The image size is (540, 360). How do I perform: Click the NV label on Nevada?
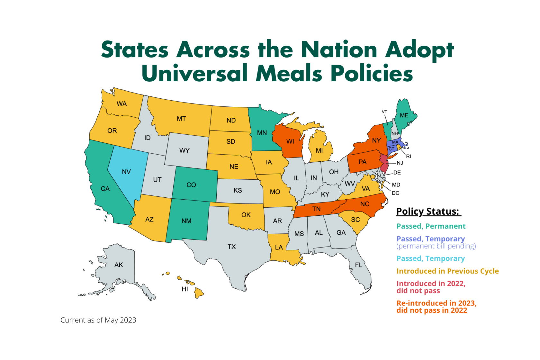[126, 172]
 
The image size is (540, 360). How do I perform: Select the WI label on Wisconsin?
[290, 141]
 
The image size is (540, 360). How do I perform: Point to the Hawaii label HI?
[185, 289]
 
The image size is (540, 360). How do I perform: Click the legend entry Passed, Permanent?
[431, 226]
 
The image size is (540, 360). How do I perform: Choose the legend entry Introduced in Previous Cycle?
[447, 271]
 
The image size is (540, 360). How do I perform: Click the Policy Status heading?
[428, 212]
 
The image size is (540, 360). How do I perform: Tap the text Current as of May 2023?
[98, 320]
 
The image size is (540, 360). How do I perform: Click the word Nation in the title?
[339, 50]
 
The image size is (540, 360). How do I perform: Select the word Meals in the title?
[288, 73]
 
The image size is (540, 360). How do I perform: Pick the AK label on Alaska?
[119, 265]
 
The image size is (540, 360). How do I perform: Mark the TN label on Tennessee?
[316, 209]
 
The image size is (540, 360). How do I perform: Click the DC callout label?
[395, 193]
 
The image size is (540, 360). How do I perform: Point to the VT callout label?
[384, 112]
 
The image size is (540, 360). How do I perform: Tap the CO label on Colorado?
[191, 185]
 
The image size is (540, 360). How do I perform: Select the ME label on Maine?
[404, 115]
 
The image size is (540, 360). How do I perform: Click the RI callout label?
[409, 157]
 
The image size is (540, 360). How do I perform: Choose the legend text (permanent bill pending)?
[436, 246]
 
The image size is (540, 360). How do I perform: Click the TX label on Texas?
[232, 247]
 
